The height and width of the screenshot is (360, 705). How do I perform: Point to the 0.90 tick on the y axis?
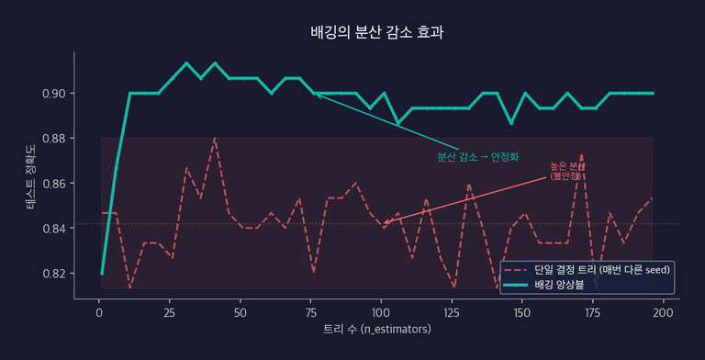click(x=53, y=94)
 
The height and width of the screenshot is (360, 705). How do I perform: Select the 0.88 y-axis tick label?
click(x=53, y=139)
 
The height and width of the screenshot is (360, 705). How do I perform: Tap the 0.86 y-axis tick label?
click(x=53, y=184)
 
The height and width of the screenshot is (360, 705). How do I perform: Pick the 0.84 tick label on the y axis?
click(x=53, y=229)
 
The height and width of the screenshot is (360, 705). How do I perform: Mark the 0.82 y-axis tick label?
click(x=53, y=274)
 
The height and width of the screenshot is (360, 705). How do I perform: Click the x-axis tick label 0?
click(x=99, y=312)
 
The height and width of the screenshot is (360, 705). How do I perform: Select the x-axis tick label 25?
click(x=170, y=312)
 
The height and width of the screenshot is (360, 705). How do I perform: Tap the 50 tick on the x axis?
click(x=241, y=312)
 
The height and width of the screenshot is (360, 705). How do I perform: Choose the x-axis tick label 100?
click(x=381, y=312)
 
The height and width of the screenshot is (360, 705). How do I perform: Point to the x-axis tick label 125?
click(x=452, y=312)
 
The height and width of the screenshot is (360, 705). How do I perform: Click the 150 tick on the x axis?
click(x=522, y=312)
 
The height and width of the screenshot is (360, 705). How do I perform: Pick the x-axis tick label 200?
click(x=663, y=312)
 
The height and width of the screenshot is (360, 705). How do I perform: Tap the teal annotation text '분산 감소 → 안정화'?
click(x=478, y=157)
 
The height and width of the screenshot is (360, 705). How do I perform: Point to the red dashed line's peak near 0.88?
click(x=215, y=139)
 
